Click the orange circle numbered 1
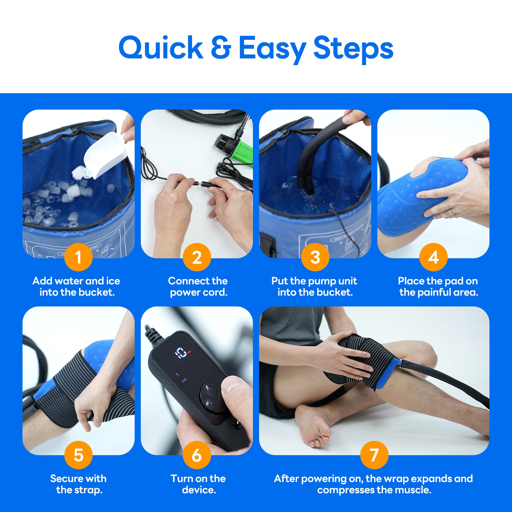click(78, 257)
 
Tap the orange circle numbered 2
click(197, 257)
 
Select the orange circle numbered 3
click(315, 257)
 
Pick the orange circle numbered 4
click(433, 257)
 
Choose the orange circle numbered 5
click(78, 455)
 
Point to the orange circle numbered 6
click(197, 455)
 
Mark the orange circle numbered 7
click(374, 455)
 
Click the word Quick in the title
click(161, 48)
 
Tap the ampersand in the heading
click(221, 48)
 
